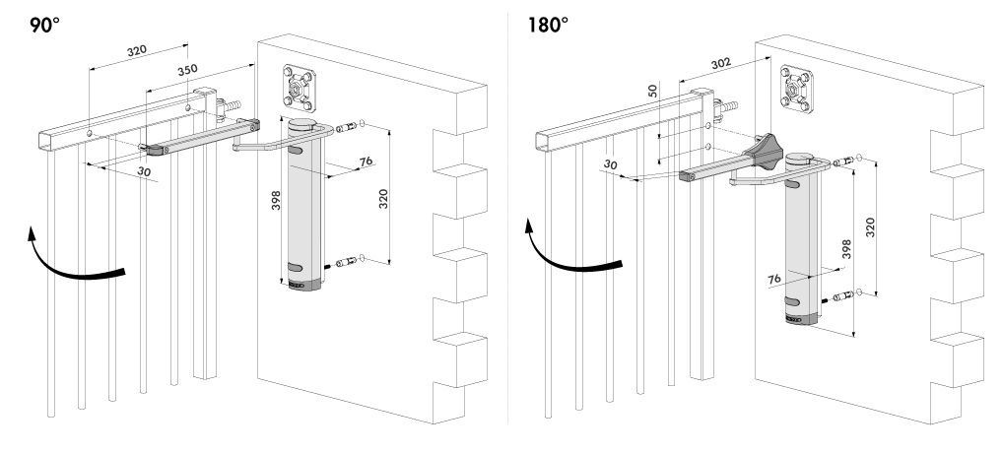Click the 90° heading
pyautogui.click(x=44, y=26)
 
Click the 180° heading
pyautogui.click(x=548, y=26)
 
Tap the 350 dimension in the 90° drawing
pyautogui.click(x=187, y=70)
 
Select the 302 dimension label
pyautogui.click(x=721, y=63)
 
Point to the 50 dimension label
pyautogui.click(x=652, y=91)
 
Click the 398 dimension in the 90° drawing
pyautogui.click(x=276, y=201)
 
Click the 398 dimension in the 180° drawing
pyautogui.click(x=846, y=249)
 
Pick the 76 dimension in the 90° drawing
pyautogui.click(x=367, y=161)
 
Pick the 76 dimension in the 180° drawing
pyautogui.click(x=774, y=279)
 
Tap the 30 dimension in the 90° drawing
pyautogui.click(x=144, y=171)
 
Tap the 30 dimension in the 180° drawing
pyautogui.click(x=611, y=164)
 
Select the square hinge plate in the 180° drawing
pyautogui.click(x=796, y=89)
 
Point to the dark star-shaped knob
pyautogui.click(x=763, y=152)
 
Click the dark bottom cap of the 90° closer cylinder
pyautogui.click(x=304, y=285)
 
